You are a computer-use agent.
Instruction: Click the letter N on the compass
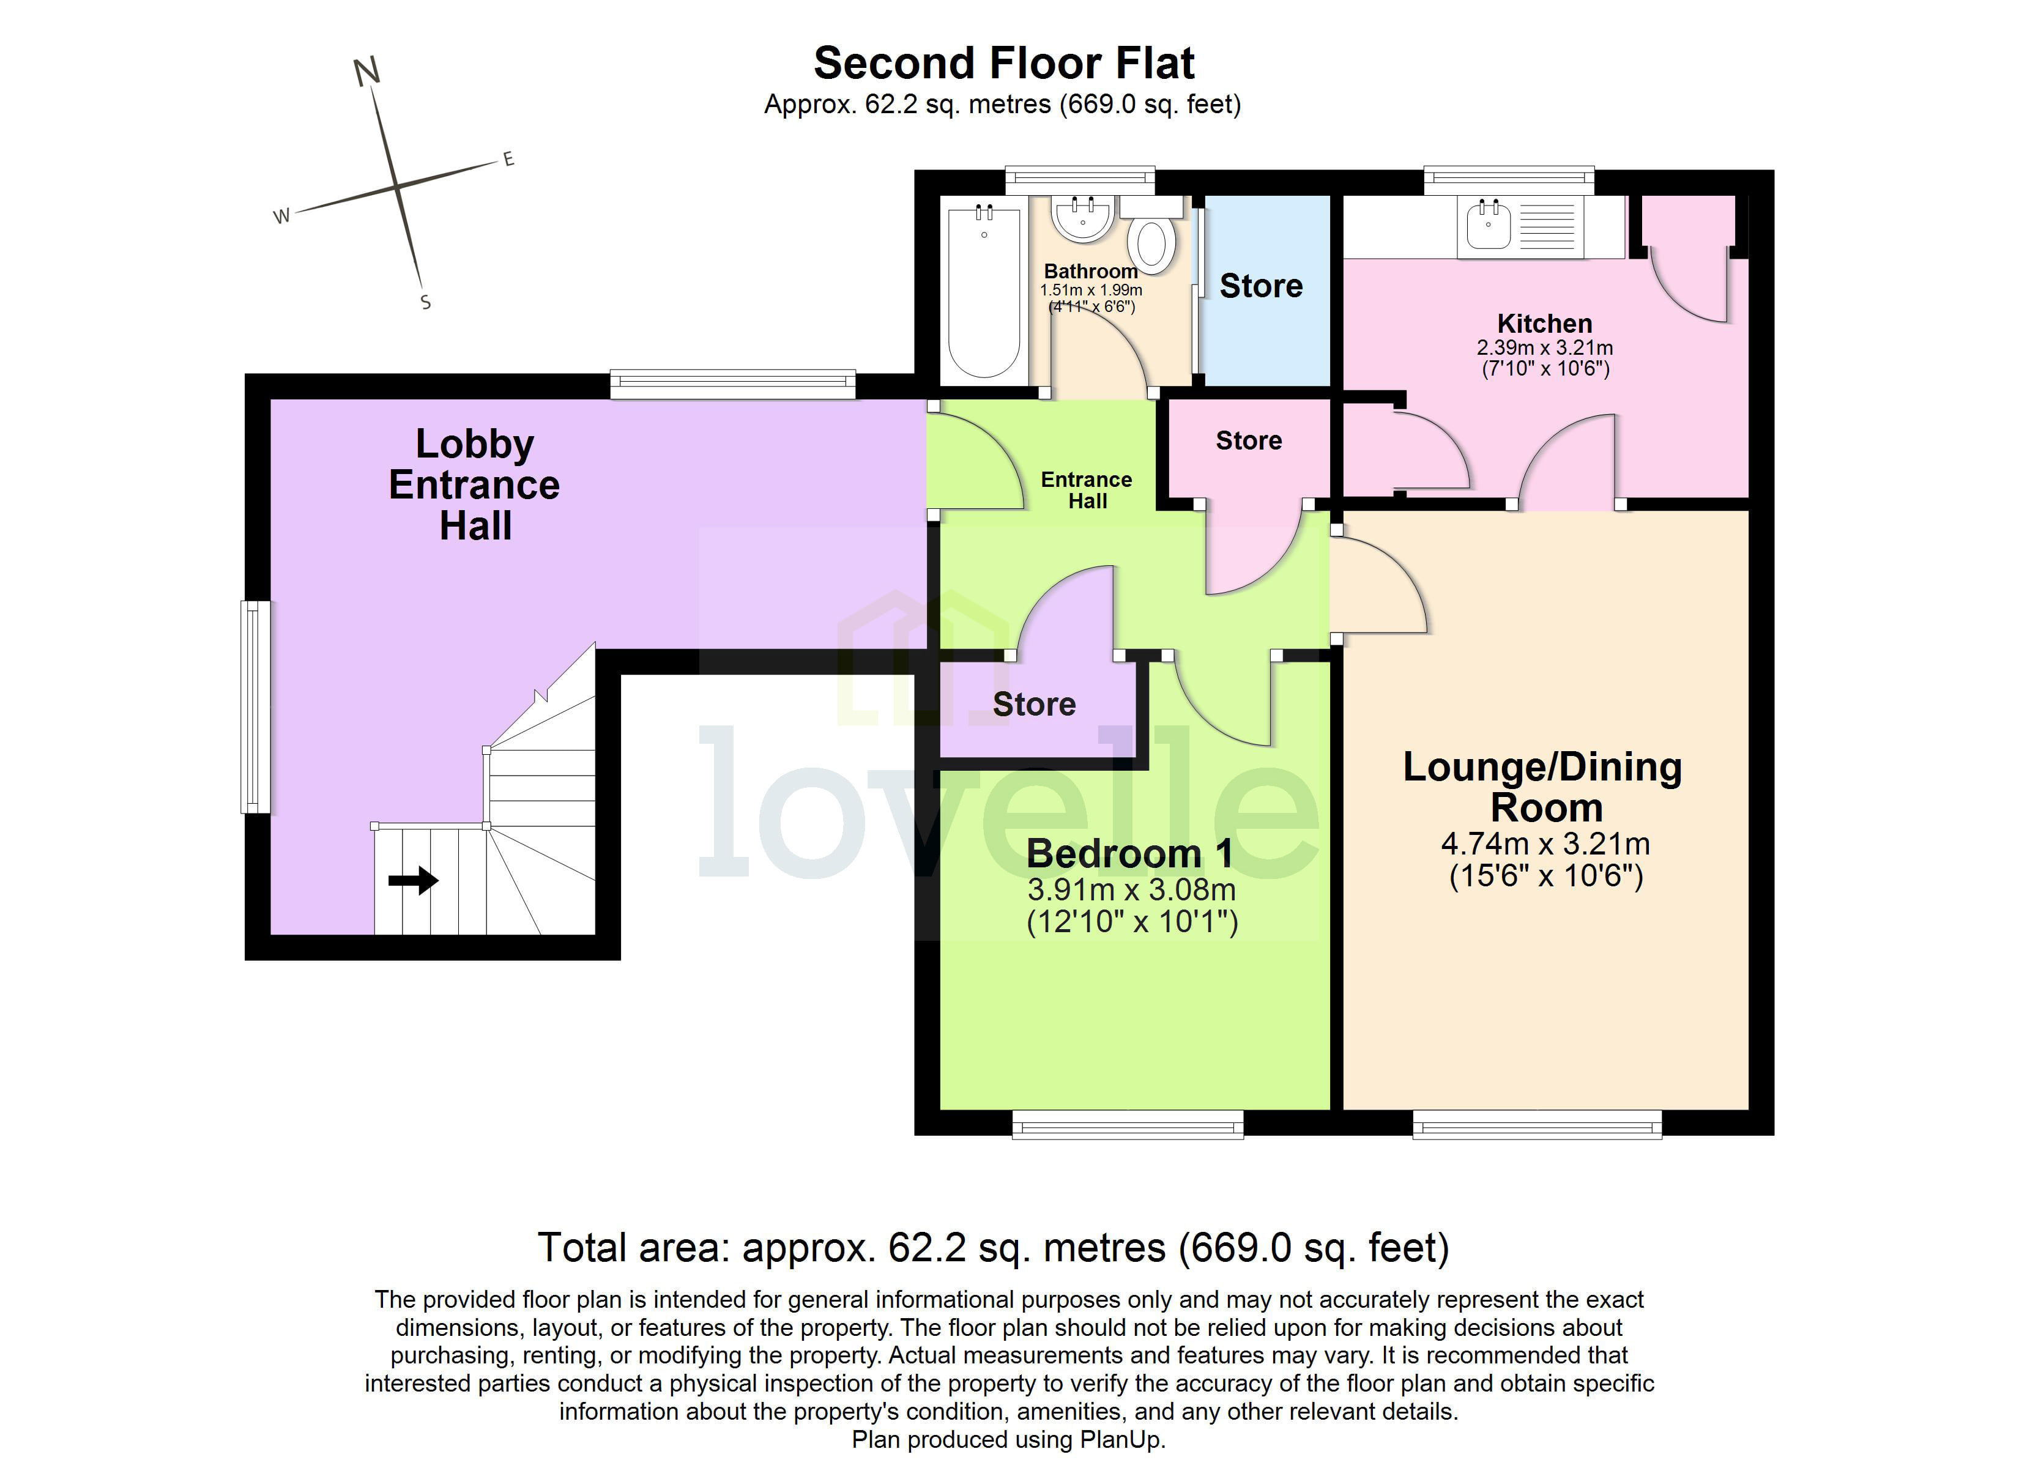[366, 71]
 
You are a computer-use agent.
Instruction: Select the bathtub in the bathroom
[984, 294]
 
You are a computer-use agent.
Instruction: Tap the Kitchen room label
[1544, 323]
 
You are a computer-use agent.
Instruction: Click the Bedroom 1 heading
[1129, 854]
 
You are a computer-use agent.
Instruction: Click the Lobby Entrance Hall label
[475, 485]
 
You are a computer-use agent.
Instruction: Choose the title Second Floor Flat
[1003, 63]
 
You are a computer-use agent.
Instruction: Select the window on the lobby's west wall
[256, 708]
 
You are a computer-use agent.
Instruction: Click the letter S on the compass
[426, 303]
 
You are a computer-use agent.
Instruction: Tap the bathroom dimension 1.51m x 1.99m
[1090, 290]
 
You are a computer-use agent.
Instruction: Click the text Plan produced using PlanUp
[1008, 1439]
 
